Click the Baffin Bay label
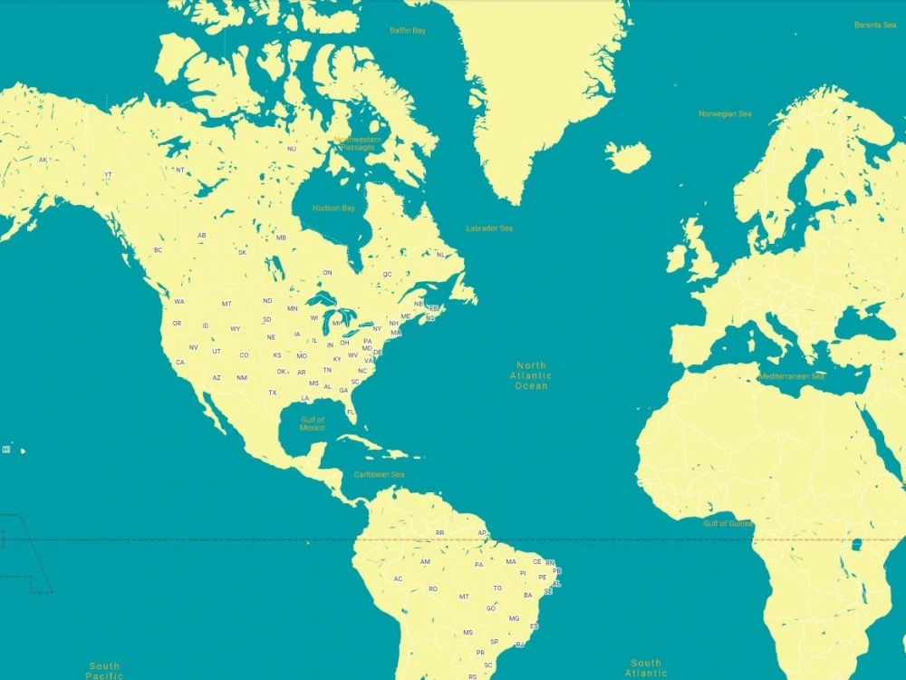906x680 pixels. [407, 30]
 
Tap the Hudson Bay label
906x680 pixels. [333, 208]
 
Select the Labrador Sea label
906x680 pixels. [488, 228]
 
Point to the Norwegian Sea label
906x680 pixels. [725, 114]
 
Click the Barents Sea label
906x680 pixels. [875, 25]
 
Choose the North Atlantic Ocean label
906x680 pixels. [531, 375]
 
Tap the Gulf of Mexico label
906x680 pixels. [313, 423]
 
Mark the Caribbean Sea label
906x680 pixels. [379, 474]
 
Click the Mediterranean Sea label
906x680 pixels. [792, 376]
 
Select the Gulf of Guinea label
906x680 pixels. [728, 523]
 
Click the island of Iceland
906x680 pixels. [628, 156]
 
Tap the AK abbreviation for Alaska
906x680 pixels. [43, 160]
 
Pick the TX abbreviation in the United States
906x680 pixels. [273, 393]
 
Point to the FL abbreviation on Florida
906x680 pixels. [351, 412]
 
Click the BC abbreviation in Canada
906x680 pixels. [159, 250]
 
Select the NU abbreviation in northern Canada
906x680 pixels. [292, 149]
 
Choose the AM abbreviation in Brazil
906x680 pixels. [425, 562]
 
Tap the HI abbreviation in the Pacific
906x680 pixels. [6, 449]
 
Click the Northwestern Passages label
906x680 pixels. [357, 143]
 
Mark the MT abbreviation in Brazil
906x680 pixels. [464, 597]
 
